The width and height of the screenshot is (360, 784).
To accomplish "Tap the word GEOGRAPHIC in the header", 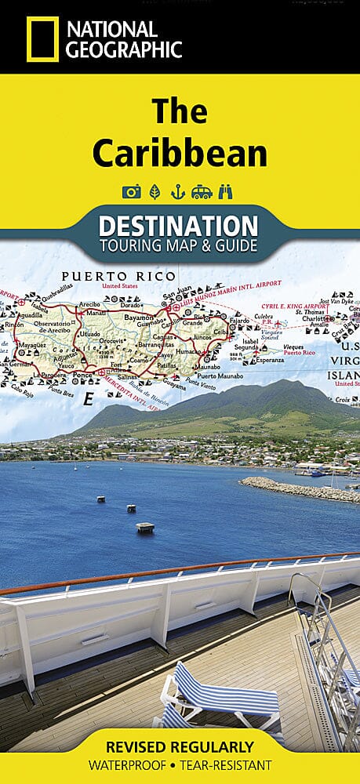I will click(x=125, y=49).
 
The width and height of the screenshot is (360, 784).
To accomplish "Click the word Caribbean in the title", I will click(x=180, y=154).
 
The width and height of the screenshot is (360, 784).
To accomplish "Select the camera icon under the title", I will click(x=131, y=191).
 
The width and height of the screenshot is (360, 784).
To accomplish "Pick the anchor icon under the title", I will click(x=178, y=191).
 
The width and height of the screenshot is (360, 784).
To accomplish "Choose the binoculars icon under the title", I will click(x=227, y=191).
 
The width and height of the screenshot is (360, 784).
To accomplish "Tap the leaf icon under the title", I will click(x=155, y=191).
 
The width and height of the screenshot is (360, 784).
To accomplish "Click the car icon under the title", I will click(x=202, y=191).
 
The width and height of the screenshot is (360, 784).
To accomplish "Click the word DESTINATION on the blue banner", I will click(x=178, y=226).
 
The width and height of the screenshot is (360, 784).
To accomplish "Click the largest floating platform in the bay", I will click(x=145, y=527).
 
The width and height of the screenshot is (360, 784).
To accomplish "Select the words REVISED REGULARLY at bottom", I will click(x=180, y=746).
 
